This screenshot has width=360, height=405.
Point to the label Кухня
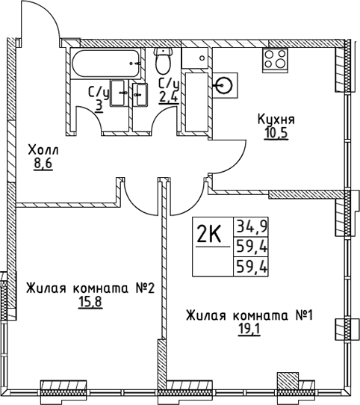pos(276,120)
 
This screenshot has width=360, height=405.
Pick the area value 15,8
pos(90,303)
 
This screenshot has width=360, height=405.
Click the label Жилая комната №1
pos(249,315)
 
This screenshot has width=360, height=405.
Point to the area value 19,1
pos(249,330)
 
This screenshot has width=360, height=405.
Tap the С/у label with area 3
pos(97,98)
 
